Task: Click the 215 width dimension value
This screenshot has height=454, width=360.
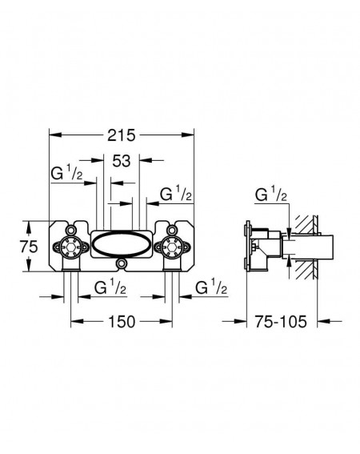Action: pos(122,135)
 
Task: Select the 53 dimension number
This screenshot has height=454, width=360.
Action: pos(122,161)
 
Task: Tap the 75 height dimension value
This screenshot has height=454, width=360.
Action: pos(29,247)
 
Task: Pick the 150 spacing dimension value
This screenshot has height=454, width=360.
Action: pos(122,322)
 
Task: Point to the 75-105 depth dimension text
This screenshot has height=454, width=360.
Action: pos(281,322)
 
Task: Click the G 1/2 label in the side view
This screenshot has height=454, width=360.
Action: pos(271,195)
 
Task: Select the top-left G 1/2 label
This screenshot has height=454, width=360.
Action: pos(66,173)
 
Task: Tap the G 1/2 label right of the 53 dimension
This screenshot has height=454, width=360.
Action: pos(176,194)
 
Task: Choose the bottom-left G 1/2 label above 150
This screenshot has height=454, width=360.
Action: pos(110,287)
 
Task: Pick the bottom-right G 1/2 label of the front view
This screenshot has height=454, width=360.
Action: pos(211,287)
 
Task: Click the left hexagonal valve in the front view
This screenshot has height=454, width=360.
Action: pos(71,247)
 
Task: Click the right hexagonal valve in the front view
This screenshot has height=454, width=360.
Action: pos(172,247)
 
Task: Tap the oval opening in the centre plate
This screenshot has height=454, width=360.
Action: pos(122,243)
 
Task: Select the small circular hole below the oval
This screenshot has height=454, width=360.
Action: pos(122,263)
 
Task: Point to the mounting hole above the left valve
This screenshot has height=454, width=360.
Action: pos(70,230)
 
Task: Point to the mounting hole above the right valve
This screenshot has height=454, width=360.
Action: pos(172,230)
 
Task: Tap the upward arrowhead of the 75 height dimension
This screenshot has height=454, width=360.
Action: pos(29,227)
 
